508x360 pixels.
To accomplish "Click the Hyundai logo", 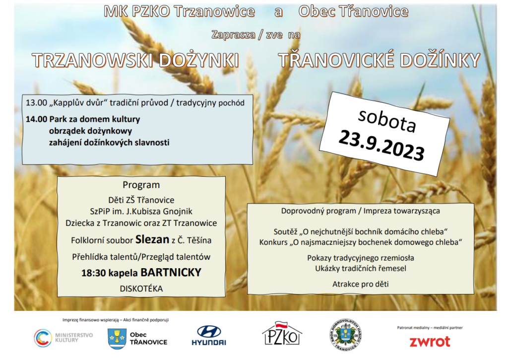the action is tap(209, 336).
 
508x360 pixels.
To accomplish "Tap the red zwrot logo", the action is tap(430, 342).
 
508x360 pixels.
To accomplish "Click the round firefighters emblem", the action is tap(346, 335).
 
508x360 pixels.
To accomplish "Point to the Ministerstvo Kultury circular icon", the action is tap(43, 338).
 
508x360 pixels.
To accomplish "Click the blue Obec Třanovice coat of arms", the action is tap(117, 339).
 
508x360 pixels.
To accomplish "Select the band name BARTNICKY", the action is tap(171, 273).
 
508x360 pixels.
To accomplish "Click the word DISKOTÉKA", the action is tap(141, 288).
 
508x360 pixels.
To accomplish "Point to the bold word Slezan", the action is tap(152, 239).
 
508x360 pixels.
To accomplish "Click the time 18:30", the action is tap(94, 273).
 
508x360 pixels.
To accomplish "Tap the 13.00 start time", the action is tap(36, 103).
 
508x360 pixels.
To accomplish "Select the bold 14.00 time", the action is tap(36, 119).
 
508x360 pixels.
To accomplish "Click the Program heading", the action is tap(141, 185).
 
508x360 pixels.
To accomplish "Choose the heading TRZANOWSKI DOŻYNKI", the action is tap(135, 60).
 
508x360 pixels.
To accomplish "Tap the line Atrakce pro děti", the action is tap(361, 284).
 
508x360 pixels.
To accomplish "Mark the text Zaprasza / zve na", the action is tap(256, 34).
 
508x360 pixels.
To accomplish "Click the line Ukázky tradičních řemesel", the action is tap(361, 269).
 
